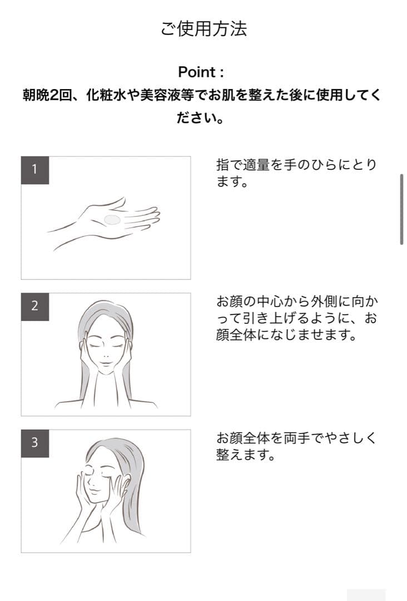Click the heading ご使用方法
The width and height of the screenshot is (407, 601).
[203, 28]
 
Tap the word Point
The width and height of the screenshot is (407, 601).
[197, 72]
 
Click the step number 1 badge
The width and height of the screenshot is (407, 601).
[35, 170]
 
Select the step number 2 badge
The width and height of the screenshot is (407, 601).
[35, 307]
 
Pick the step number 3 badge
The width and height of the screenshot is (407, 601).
[35, 444]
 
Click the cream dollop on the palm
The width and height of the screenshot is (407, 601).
[112, 220]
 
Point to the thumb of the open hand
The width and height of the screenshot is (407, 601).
[117, 203]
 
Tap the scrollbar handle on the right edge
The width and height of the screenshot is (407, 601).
[401, 209]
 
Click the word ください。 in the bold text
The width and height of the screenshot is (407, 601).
[201, 117]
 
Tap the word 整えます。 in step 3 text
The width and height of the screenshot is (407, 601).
[246, 455]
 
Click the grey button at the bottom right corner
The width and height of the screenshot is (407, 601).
[366, 595]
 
